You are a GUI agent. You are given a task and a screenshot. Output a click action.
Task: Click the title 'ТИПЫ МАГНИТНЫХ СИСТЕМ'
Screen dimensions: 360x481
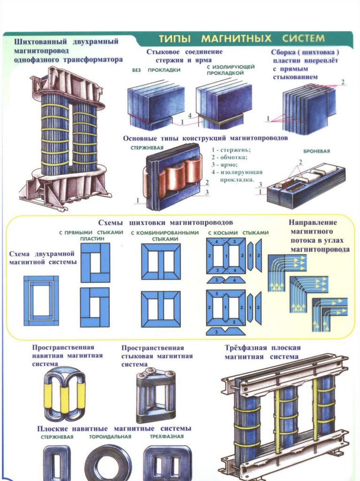241,38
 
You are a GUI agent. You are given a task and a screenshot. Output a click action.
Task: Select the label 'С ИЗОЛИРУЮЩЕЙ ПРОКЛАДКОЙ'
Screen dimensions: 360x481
224,70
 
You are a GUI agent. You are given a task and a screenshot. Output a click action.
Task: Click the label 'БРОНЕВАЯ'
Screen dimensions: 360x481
317,151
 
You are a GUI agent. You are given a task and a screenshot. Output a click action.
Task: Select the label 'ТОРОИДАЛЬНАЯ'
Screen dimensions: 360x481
110,437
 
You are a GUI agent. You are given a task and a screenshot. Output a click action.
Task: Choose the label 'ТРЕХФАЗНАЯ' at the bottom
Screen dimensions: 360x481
166,437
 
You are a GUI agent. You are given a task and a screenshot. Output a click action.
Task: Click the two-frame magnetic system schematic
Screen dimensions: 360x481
41,301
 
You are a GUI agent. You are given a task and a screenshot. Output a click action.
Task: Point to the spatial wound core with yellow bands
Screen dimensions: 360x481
65,394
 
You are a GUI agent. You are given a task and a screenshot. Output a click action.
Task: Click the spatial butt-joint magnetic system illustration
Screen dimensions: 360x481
156,396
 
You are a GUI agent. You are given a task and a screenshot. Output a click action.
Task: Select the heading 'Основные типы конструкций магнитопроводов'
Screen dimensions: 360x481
205,139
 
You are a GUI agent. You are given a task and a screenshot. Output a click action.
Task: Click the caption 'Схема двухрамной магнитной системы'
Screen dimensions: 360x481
43,258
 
